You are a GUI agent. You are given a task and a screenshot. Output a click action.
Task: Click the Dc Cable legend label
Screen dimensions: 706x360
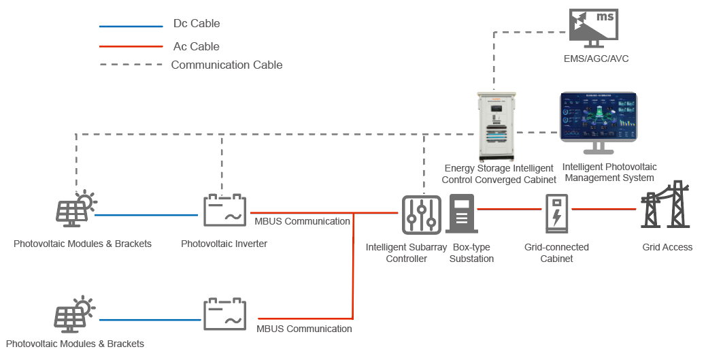point(197,23)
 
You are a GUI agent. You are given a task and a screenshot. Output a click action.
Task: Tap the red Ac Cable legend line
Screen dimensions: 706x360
point(131,46)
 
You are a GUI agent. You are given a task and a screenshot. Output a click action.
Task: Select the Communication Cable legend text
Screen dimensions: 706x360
point(227,65)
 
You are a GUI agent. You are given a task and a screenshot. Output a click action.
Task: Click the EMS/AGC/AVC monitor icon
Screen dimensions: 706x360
point(594,29)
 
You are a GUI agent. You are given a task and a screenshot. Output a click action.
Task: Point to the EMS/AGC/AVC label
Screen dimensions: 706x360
point(596,59)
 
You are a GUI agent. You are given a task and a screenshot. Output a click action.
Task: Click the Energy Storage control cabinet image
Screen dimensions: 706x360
point(497,127)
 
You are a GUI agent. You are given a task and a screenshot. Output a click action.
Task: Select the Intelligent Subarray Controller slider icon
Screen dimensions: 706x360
point(422,215)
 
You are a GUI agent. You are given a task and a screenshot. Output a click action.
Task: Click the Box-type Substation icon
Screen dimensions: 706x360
point(462,214)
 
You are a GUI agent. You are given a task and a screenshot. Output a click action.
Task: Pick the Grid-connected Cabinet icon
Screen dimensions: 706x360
point(557,214)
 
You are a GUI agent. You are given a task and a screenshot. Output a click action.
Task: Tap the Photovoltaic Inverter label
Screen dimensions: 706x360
point(224,244)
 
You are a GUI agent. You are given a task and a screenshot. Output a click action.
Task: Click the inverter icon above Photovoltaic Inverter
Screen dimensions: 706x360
point(224,210)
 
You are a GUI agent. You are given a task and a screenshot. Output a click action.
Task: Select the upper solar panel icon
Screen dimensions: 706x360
point(75,209)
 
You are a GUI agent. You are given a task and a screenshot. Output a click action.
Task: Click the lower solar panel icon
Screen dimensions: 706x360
point(74,314)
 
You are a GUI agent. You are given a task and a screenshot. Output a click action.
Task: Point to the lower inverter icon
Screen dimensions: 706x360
point(224,314)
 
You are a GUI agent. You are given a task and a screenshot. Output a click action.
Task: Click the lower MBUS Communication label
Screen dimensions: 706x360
point(305,329)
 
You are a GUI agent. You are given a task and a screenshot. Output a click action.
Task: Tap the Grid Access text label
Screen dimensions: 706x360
point(667,247)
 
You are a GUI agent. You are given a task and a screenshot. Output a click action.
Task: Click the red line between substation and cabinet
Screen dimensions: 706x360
point(509,209)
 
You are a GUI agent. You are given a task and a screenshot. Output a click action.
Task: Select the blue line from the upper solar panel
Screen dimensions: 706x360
point(146,215)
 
